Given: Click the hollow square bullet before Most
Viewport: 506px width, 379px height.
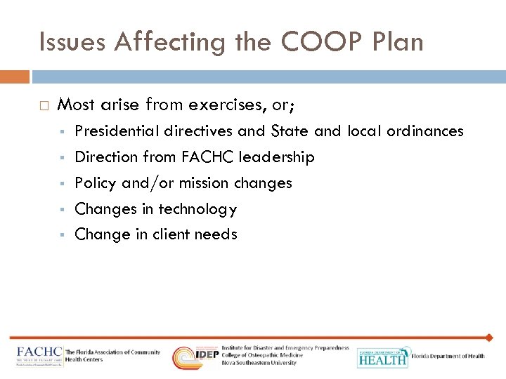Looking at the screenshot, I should pos(44,106).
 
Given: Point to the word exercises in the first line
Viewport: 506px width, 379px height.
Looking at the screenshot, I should pos(227,105).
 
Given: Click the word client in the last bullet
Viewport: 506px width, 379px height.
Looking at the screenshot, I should pos(159,234).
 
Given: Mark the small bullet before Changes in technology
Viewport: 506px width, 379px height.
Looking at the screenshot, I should pos(63,209).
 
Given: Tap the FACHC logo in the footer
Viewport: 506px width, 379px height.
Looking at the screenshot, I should pos(39,356).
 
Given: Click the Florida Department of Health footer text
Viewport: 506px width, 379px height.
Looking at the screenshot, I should pos(448,357).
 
